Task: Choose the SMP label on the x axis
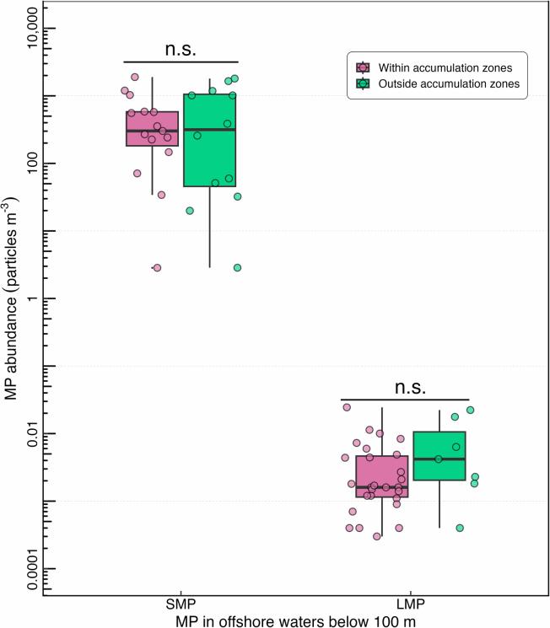pyautogui.click(x=181, y=605)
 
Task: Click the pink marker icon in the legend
pyautogui.click(x=362, y=67)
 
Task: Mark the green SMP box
pyautogui.click(x=209, y=140)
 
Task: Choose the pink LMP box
pyautogui.click(x=382, y=476)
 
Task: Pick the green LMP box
pyautogui.click(x=439, y=456)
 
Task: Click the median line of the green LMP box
pyautogui.click(x=439, y=459)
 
